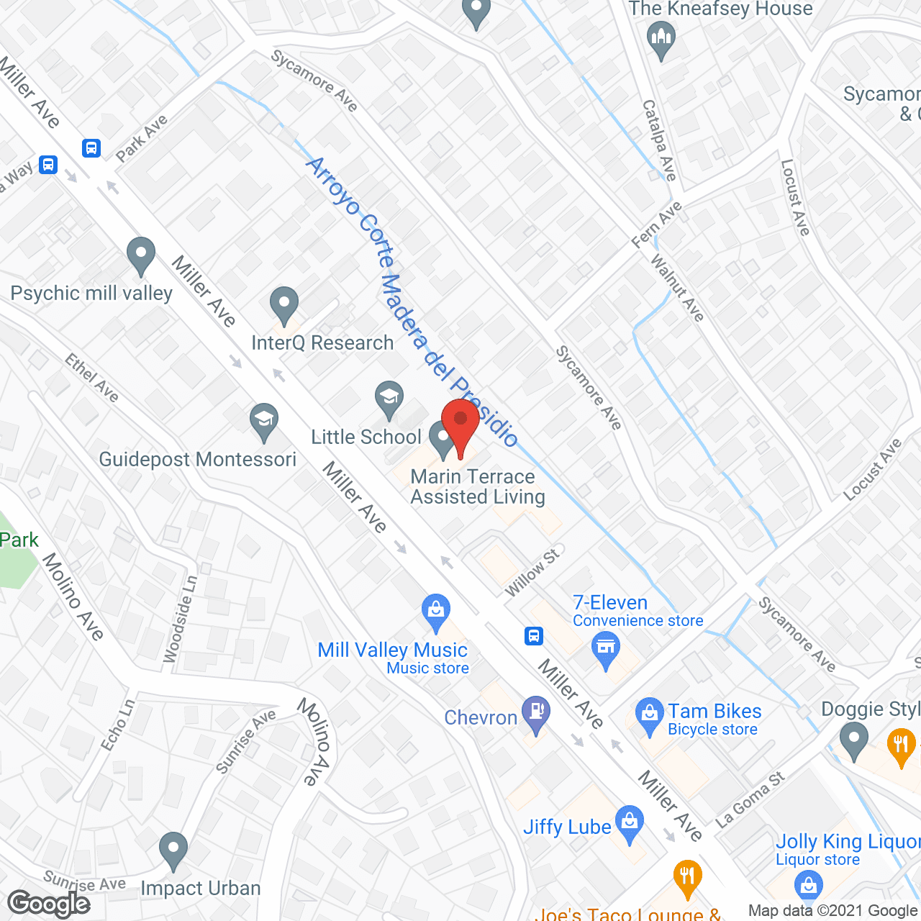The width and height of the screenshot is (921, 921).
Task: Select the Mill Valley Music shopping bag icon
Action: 436,611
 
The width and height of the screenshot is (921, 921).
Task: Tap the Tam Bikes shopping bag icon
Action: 649,715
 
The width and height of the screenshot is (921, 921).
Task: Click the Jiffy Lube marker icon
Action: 630,822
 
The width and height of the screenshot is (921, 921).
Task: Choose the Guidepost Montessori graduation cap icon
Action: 264,420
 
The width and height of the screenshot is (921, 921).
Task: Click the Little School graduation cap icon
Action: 389,398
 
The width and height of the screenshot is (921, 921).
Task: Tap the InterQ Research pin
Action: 284,304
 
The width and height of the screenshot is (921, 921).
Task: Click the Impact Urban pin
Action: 173,849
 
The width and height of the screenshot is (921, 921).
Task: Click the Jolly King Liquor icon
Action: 808,886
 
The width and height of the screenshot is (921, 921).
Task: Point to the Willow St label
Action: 532,573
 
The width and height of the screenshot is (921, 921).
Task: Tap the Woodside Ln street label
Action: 180,620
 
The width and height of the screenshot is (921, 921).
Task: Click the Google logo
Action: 49,904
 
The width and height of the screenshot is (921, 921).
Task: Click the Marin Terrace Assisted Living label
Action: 477,487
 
